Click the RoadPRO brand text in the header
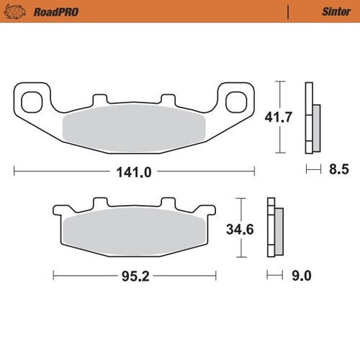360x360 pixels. (55, 12)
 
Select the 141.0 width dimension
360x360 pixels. (135, 171)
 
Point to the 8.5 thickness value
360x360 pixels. (338, 171)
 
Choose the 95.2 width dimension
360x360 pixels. (135, 275)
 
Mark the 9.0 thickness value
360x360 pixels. (302, 274)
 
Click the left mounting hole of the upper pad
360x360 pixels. (32, 102)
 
